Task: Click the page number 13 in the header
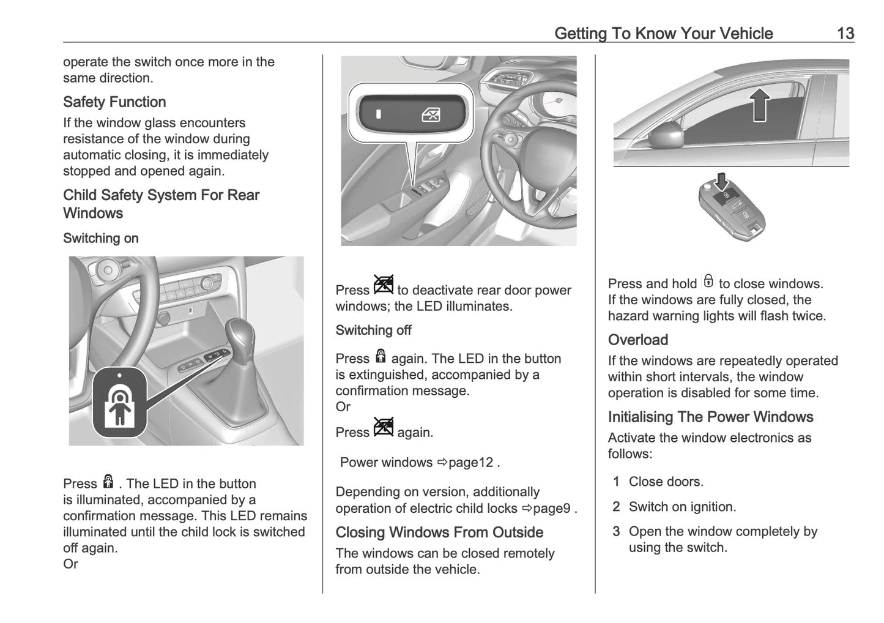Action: coord(845,33)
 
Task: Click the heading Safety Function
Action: coord(114,102)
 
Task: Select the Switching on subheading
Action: coord(100,238)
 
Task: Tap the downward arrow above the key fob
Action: coord(722,182)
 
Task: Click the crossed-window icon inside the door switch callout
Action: coord(431,114)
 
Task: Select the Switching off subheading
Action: coord(373,330)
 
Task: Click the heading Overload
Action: coord(637,340)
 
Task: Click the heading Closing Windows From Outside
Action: coord(439,532)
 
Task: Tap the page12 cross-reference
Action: coord(470,463)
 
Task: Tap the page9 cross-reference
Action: coord(551,509)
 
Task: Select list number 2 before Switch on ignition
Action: coord(616,507)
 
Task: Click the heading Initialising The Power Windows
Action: coord(710,417)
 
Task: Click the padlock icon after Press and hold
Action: coord(708,282)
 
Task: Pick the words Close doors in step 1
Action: coord(666,482)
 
